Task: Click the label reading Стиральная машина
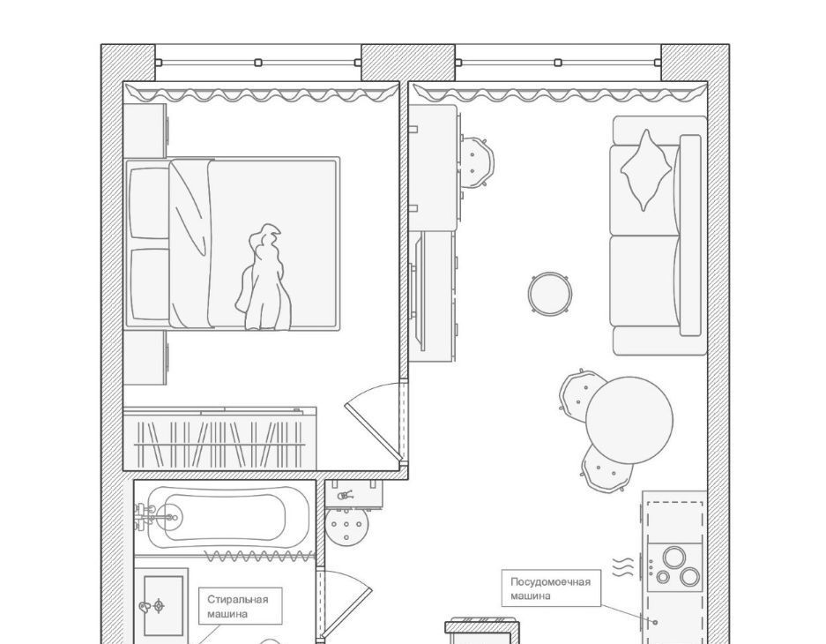point(238,606)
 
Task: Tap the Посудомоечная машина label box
point(550,588)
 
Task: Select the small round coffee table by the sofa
point(550,294)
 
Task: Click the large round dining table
point(629,420)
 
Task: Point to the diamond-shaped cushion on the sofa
point(646,170)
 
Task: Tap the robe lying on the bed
point(264,279)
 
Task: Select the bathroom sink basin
point(163,605)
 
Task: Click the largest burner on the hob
point(674,558)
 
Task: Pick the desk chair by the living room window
point(477,161)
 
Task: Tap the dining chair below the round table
point(606,468)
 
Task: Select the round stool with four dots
point(346,525)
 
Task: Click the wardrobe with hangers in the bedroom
point(220,438)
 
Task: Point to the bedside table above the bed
point(145,131)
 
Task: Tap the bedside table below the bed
point(145,358)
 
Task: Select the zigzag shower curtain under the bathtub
point(257,556)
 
